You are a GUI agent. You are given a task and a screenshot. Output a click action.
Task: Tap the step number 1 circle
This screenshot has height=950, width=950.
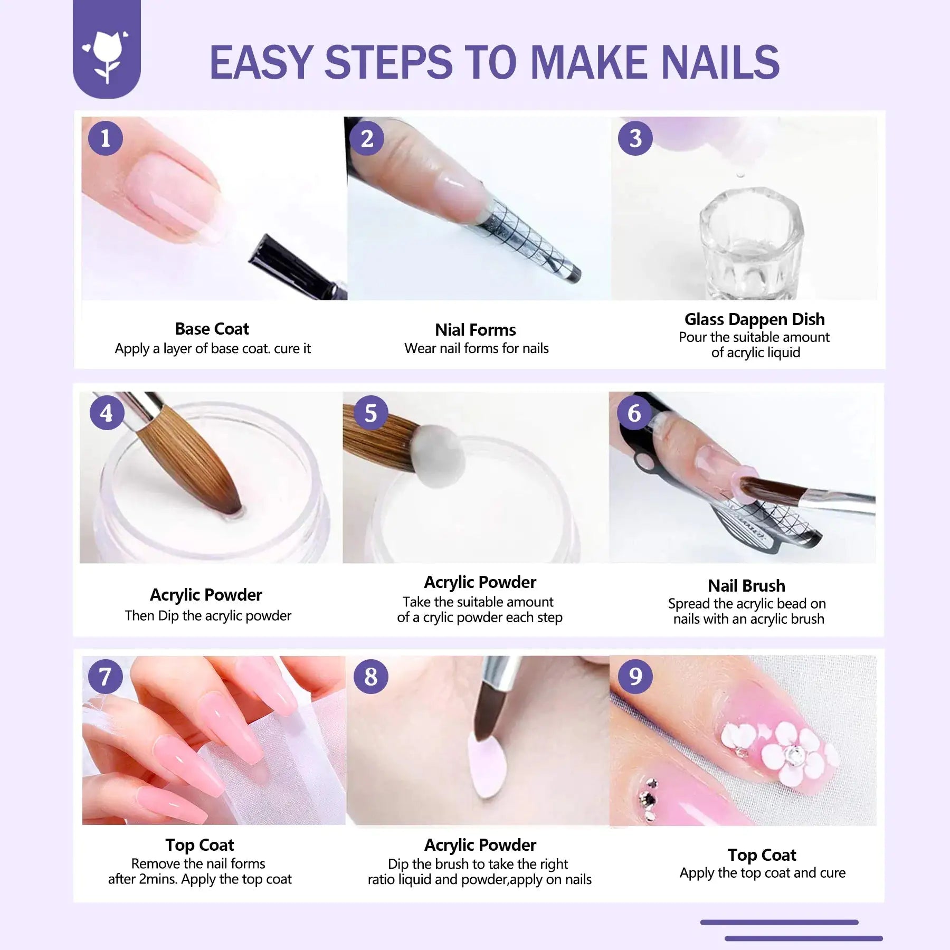click(106, 138)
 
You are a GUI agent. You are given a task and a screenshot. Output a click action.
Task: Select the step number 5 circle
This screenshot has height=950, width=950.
click(370, 413)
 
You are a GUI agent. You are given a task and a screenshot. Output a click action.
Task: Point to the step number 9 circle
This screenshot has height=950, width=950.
click(635, 677)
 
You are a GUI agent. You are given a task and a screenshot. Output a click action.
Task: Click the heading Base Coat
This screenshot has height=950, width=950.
click(212, 329)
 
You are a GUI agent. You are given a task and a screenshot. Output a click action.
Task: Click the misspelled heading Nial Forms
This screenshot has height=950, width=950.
click(475, 330)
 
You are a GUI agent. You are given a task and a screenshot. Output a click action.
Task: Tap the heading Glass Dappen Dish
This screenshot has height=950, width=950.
click(754, 319)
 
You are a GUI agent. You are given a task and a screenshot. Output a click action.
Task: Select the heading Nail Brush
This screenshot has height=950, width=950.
click(746, 586)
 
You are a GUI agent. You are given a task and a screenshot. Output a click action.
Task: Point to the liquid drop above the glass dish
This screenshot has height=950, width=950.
click(741, 173)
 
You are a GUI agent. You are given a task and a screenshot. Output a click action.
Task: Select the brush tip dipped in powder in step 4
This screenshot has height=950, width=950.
click(232, 507)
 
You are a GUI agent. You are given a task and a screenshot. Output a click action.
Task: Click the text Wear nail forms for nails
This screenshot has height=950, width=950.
click(476, 348)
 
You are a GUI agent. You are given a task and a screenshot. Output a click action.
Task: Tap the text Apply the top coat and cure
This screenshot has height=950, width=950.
click(762, 873)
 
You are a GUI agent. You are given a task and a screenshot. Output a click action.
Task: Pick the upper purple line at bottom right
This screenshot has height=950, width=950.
click(779, 922)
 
